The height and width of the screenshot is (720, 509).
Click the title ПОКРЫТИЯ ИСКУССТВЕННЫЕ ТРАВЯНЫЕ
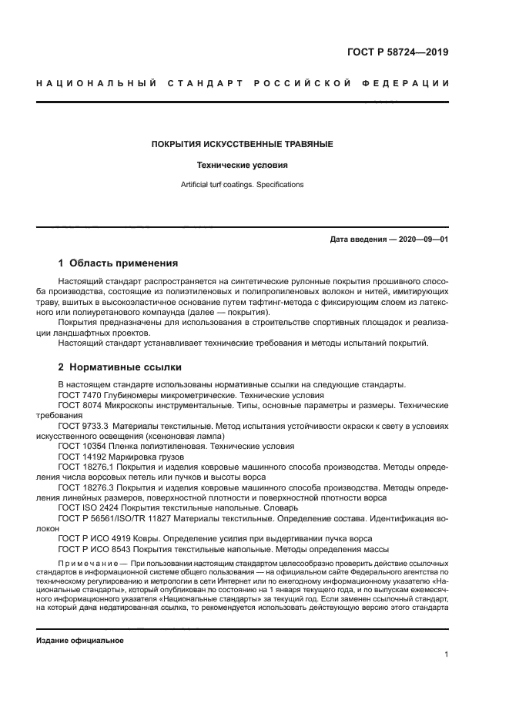[x=242, y=144]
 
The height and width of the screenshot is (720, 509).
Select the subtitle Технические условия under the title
[x=242, y=165]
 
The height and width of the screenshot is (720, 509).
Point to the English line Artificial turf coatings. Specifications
[x=242, y=185]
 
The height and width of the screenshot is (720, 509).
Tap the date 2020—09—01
[x=421, y=239]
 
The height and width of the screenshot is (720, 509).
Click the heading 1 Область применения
[x=118, y=263]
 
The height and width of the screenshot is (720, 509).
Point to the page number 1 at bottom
[x=446, y=655]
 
